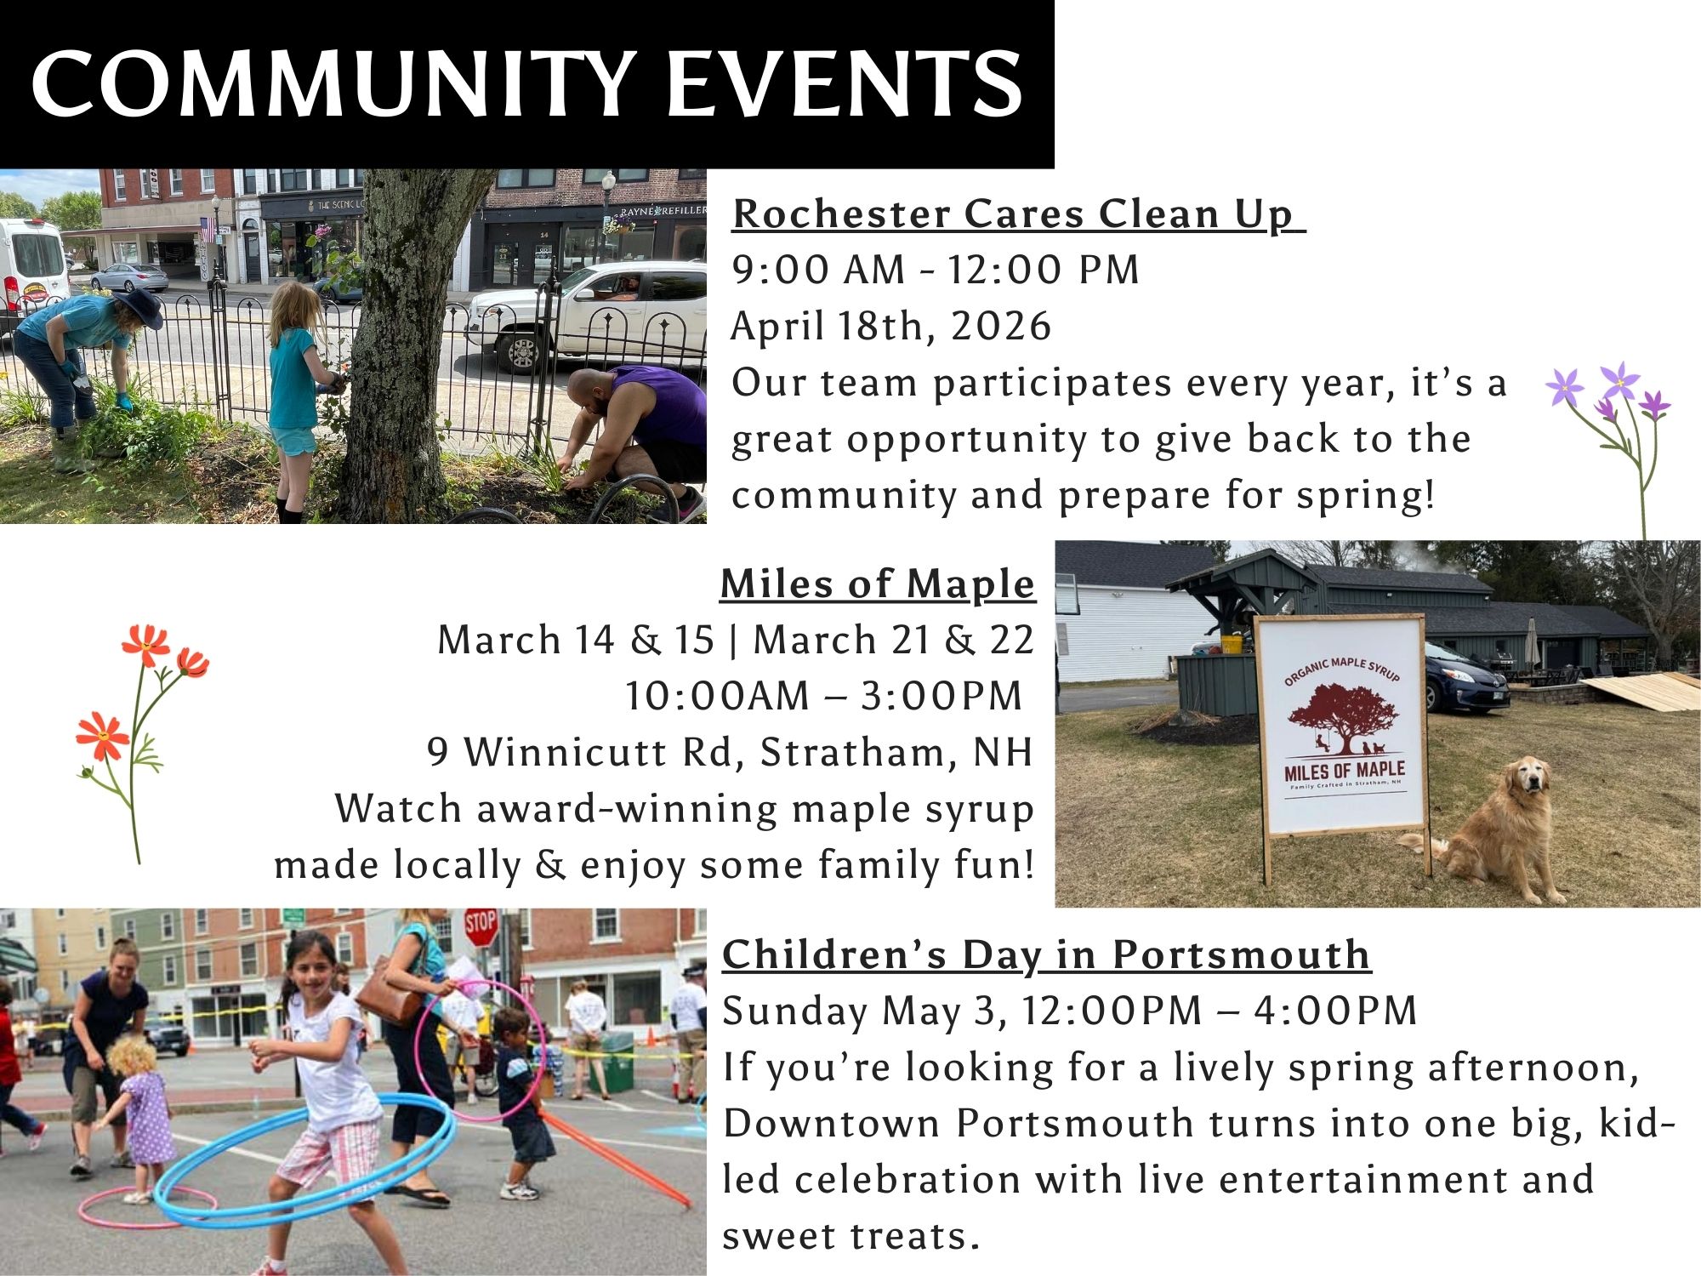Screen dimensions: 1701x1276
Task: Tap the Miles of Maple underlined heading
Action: point(878,584)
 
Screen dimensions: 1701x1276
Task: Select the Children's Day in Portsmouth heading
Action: point(1046,954)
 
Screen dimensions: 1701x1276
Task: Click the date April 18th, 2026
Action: point(891,326)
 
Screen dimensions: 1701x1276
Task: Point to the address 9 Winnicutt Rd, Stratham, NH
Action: point(730,752)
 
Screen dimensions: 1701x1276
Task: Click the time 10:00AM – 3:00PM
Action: point(823,696)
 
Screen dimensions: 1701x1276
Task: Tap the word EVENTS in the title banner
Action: point(845,83)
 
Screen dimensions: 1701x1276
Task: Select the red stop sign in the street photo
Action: point(481,927)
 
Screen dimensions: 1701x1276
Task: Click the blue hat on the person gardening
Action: point(135,306)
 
